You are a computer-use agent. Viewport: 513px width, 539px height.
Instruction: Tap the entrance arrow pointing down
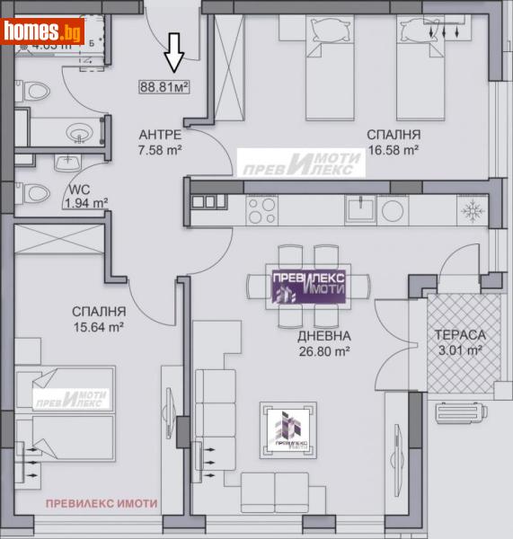pyautogui.click(x=174, y=58)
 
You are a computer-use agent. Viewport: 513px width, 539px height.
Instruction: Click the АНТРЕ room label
pyautogui.click(x=160, y=135)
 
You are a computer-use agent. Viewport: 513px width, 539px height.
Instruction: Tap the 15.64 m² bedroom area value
pyautogui.click(x=98, y=328)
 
